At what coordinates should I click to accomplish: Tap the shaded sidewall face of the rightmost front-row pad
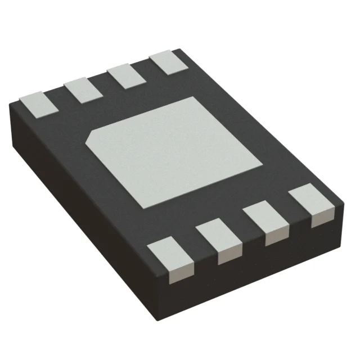(x=320, y=217)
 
